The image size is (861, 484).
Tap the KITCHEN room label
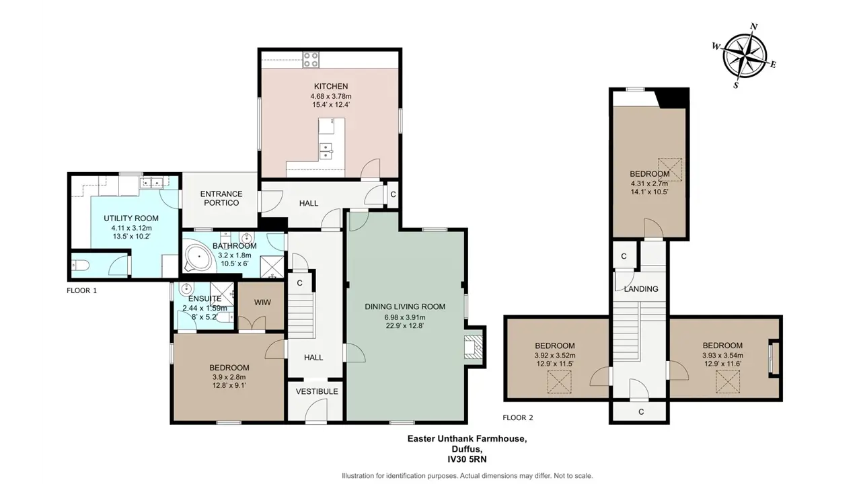click(331, 87)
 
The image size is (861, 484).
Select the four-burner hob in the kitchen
click(311, 60)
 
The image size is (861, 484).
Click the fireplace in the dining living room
click(473, 347)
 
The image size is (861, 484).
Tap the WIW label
click(262, 302)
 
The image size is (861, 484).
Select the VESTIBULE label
click(317, 391)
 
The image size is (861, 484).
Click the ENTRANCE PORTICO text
click(221, 198)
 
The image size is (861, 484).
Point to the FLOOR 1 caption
click(82, 291)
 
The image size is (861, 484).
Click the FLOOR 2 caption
click(518, 417)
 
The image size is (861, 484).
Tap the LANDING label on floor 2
click(641, 289)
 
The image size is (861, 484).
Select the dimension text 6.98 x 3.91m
click(405, 318)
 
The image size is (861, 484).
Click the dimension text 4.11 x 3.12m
click(131, 228)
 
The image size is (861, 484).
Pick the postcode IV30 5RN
click(467, 459)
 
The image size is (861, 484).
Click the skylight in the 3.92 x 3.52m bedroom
click(559, 382)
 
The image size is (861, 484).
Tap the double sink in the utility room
click(152, 182)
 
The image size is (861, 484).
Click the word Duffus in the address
click(467, 448)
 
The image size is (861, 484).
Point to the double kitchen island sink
click(326, 151)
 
